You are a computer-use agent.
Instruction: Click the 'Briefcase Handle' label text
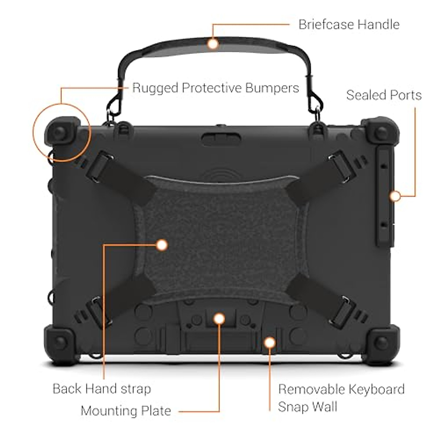(349, 25)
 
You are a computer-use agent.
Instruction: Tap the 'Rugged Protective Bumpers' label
(215, 88)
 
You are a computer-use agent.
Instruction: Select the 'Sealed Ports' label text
(384, 95)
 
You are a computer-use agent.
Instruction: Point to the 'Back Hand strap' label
(102, 389)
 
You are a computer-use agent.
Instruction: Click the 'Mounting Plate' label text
(126, 410)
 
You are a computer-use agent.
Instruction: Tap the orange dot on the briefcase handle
(213, 44)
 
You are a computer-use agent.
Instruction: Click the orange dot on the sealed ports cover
(395, 196)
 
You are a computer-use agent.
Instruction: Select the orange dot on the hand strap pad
(161, 245)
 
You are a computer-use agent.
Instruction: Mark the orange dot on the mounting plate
(219, 318)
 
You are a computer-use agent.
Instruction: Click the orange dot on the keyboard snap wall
(270, 342)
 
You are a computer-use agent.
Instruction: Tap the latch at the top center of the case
(221, 139)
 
